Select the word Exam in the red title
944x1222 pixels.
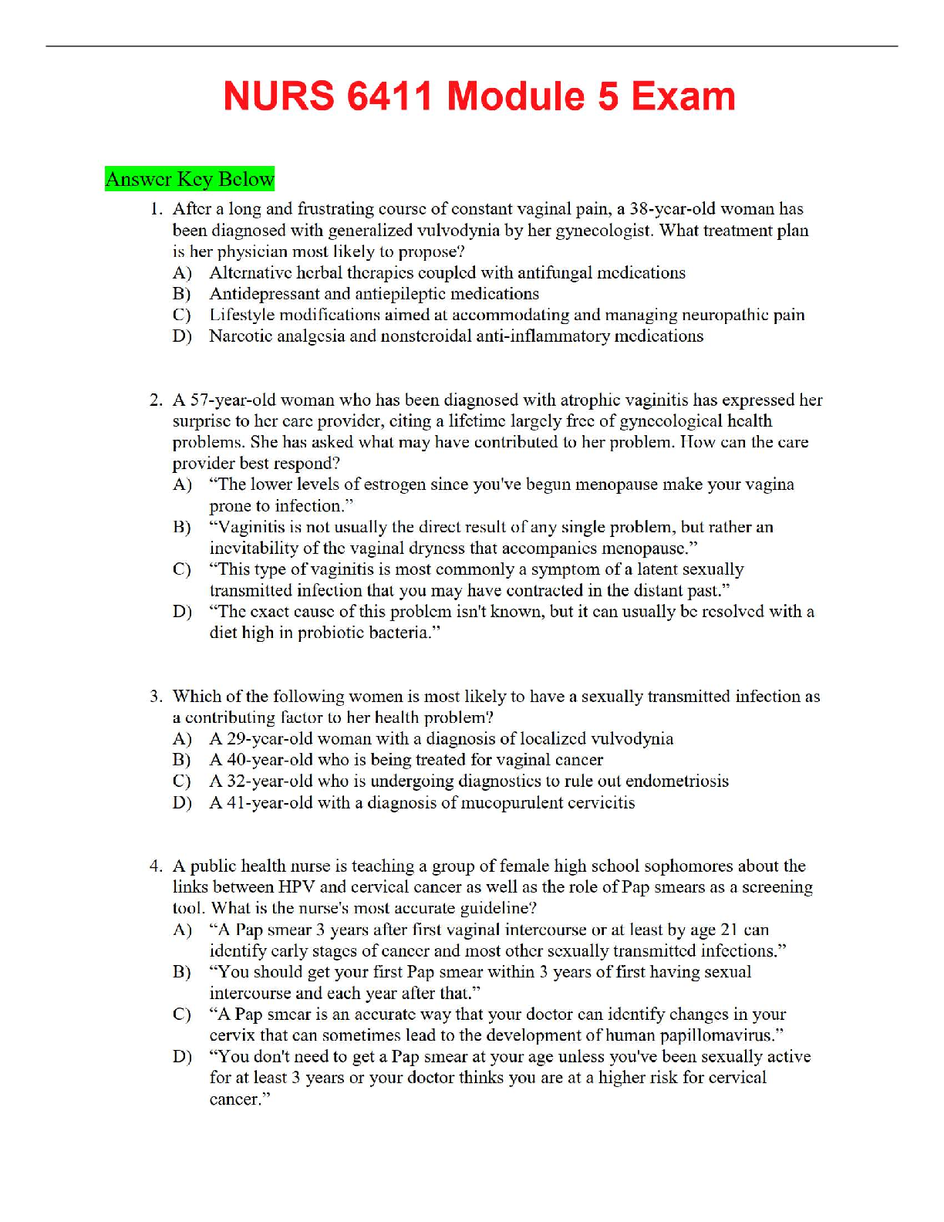click(683, 97)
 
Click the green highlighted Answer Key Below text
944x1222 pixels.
click(190, 179)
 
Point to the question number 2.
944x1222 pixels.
click(156, 400)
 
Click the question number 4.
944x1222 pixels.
click(156, 866)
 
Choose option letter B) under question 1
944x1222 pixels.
click(182, 294)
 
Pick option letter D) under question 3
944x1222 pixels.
click(182, 803)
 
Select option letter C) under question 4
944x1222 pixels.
click(182, 1014)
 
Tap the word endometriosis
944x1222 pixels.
click(676, 781)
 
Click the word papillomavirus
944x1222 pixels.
click(710, 1035)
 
